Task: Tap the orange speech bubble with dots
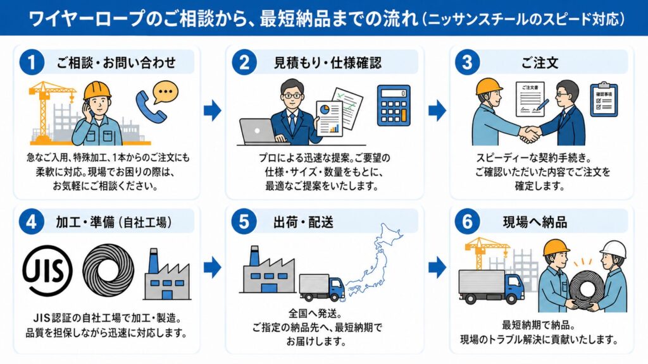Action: click(166, 92)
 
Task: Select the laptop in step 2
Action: click(258, 131)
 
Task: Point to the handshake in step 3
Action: click(530, 133)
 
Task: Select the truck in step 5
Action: click(321, 287)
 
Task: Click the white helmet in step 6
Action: click(613, 249)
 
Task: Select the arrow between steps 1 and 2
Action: click(213, 111)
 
